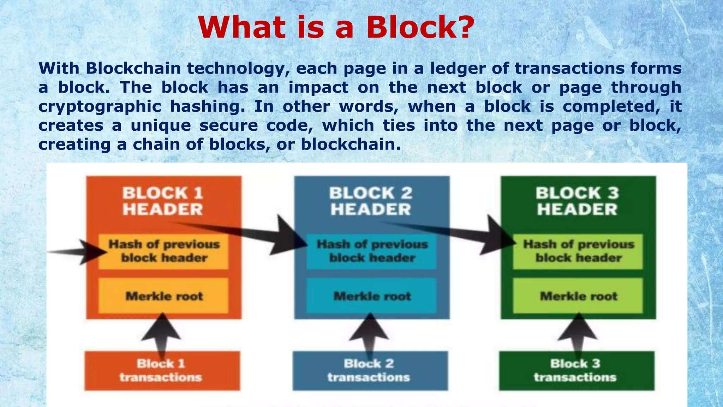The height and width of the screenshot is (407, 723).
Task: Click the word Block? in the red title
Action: (x=420, y=28)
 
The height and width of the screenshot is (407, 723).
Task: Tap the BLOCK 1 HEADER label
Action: (x=163, y=201)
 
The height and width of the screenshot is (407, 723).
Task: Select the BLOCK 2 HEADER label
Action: (x=371, y=201)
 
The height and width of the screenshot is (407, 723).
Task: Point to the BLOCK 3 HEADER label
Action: (x=577, y=201)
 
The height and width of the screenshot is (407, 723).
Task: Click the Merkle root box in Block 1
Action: (x=163, y=296)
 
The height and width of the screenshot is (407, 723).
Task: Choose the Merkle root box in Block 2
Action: (x=371, y=296)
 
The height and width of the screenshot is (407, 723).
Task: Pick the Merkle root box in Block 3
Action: (x=578, y=296)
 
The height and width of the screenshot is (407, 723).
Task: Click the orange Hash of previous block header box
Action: (x=163, y=251)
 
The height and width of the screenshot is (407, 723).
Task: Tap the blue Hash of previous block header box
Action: (x=371, y=251)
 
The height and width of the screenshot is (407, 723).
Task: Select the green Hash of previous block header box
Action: (x=578, y=251)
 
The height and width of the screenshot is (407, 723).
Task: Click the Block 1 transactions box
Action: (x=162, y=371)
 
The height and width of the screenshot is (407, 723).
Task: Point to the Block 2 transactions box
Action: (x=370, y=371)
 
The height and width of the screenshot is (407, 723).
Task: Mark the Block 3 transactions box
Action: (x=576, y=371)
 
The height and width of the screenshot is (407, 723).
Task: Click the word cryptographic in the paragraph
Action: (x=100, y=106)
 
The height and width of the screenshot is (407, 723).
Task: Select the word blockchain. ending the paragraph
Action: (x=351, y=144)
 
